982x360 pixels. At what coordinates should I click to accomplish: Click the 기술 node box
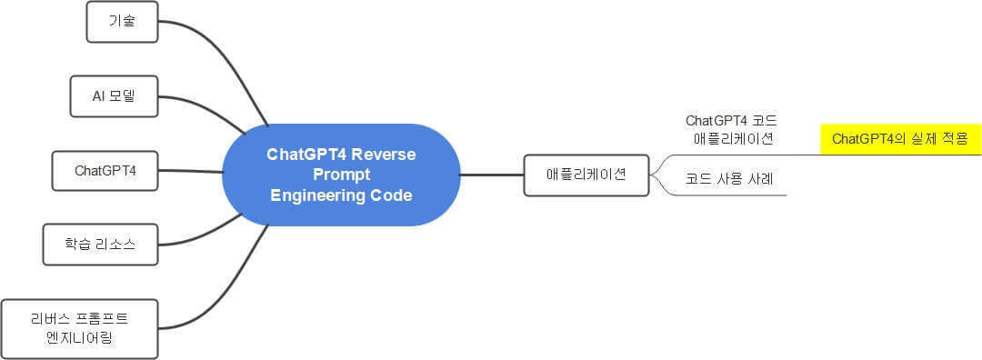click(x=122, y=22)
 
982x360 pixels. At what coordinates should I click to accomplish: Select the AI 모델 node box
click(x=115, y=95)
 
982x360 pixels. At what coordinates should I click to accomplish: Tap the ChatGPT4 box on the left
click(x=105, y=170)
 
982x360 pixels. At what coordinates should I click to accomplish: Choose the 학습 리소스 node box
click(x=101, y=245)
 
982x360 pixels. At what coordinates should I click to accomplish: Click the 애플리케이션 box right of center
click(x=586, y=174)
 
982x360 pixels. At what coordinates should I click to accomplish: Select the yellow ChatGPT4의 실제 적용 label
click(x=899, y=139)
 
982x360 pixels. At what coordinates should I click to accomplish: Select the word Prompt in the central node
click(x=341, y=175)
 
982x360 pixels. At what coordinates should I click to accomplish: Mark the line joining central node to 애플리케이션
click(x=492, y=174)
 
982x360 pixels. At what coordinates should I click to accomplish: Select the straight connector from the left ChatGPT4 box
click(x=191, y=171)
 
